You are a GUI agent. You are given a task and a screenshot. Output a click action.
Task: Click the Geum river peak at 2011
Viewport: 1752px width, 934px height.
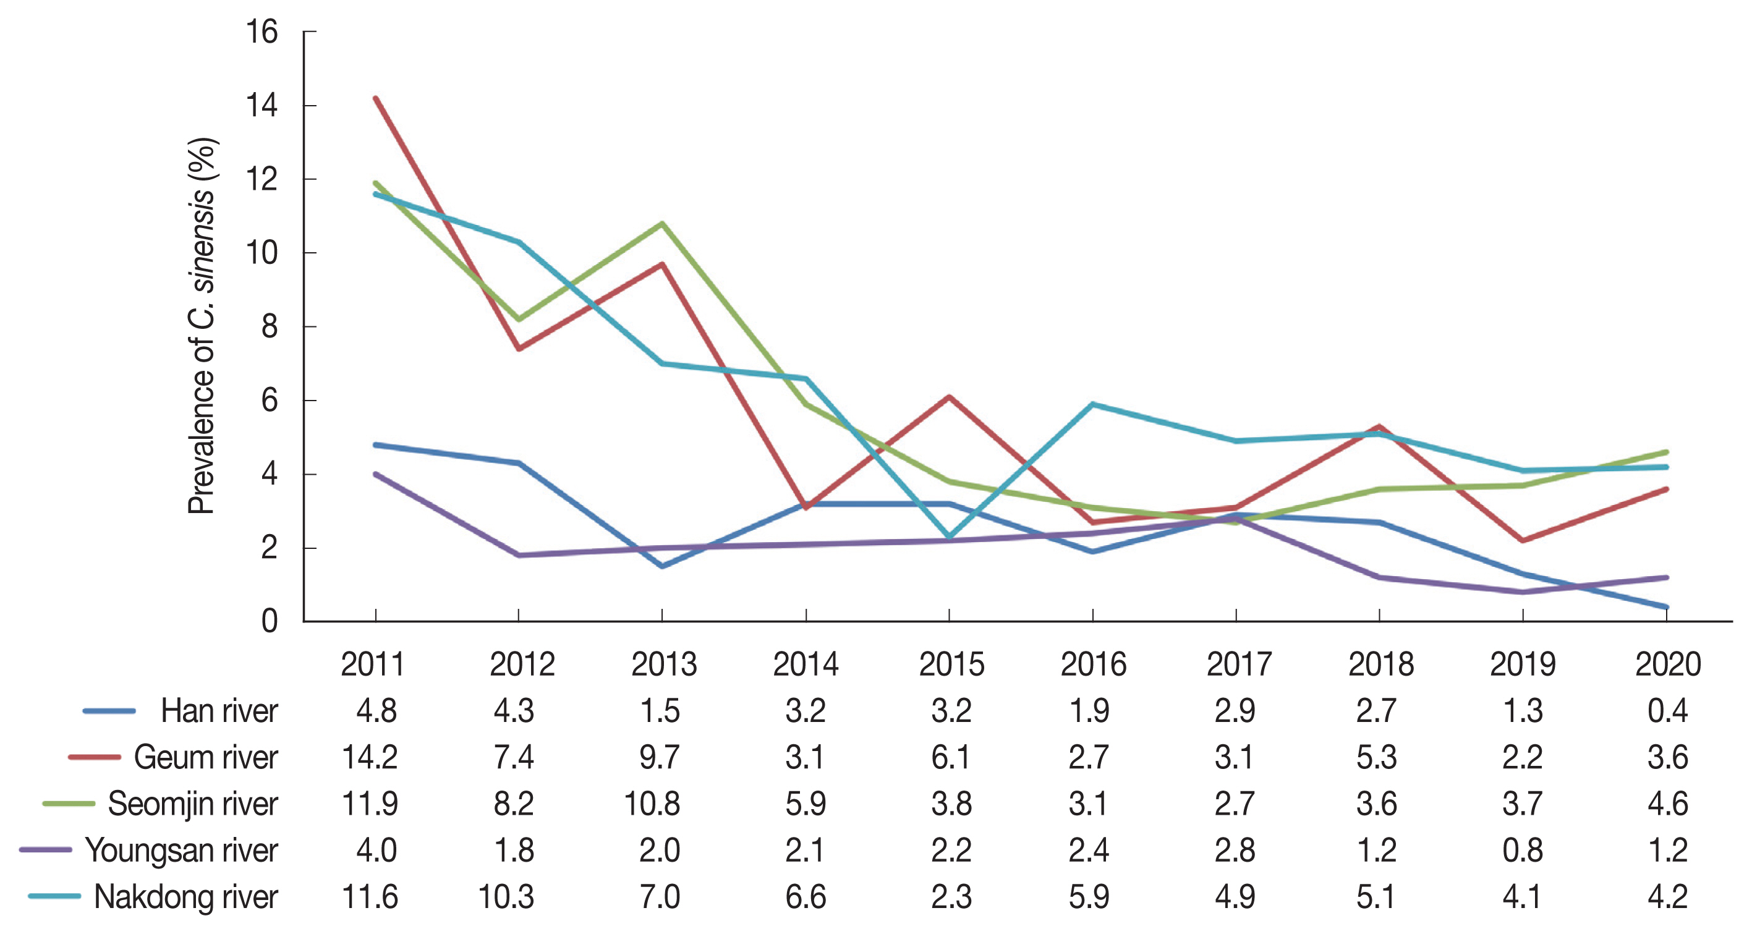click(376, 99)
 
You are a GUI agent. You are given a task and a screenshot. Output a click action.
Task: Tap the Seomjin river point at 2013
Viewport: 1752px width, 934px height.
click(663, 223)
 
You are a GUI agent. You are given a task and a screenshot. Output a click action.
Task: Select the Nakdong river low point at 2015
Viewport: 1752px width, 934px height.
click(950, 537)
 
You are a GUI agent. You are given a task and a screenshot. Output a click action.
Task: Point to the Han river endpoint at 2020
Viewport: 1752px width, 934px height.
click(1665, 607)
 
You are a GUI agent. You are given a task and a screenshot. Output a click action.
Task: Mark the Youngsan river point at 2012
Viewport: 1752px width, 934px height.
click(519, 555)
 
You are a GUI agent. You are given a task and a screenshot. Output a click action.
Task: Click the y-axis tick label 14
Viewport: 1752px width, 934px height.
click(262, 106)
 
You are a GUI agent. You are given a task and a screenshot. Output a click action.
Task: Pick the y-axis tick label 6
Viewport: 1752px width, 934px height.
click(270, 401)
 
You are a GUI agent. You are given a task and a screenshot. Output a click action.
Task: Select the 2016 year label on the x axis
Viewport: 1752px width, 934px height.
click(1093, 664)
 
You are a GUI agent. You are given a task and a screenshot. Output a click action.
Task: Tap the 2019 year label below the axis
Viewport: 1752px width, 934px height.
click(1523, 664)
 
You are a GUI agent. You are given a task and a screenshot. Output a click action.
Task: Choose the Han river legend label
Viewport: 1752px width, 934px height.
click(219, 711)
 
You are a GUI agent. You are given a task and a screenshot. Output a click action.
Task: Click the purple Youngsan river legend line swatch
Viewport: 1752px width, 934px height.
click(46, 850)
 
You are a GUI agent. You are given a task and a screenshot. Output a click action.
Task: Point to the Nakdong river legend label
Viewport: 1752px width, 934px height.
click(185, 896)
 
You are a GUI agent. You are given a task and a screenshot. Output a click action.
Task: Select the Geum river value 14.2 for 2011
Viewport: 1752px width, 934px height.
click(369, 757)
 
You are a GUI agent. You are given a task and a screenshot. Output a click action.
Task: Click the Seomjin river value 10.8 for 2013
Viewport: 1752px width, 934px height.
click(652, 804)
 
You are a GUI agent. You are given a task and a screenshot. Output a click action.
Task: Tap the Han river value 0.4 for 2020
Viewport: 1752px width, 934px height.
click(1667, 711)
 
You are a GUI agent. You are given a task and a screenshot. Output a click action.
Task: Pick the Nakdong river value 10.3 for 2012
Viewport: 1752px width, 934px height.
click(506, 896)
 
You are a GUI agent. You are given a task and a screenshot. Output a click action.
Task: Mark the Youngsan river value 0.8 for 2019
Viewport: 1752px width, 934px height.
click(1522, 851)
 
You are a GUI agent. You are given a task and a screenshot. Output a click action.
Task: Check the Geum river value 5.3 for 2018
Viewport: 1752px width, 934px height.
click(1377, 757)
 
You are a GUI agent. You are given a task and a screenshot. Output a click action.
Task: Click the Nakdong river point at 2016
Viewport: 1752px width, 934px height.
click(1093, 404)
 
